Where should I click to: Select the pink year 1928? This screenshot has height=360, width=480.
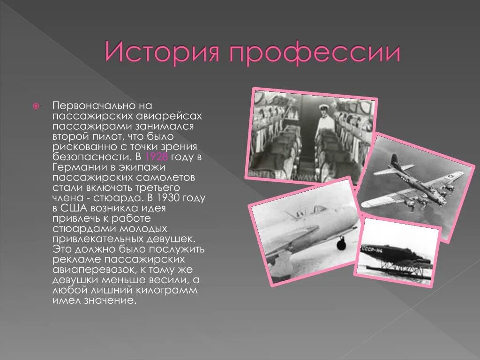[x=157, y=156]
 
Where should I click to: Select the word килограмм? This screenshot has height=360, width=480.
[x=168, y=291]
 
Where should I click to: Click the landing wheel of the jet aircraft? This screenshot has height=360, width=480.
[x=342, y=244]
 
